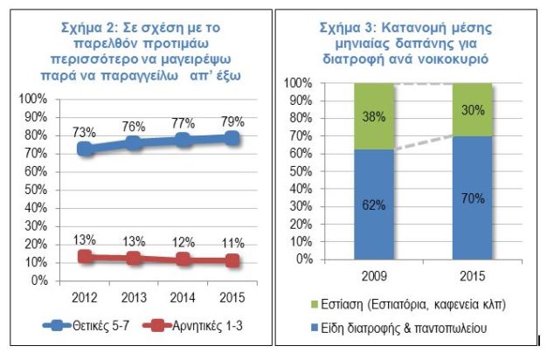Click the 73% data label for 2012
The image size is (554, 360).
[84, 131]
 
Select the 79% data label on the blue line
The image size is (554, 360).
[232, 120]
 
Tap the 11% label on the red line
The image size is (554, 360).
[232, 244]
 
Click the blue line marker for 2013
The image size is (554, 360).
[134, 143]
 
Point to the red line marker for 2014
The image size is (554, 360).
[183, 259]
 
